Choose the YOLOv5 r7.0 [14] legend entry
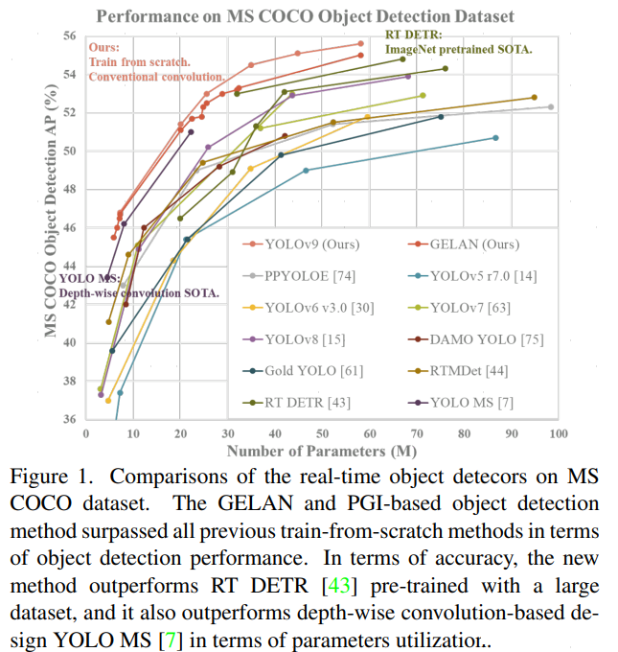[479, 276]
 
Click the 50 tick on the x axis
[321, 433]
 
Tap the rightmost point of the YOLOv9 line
[360, 43]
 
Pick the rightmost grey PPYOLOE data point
[551, 106]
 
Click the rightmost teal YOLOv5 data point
[495, 137]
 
